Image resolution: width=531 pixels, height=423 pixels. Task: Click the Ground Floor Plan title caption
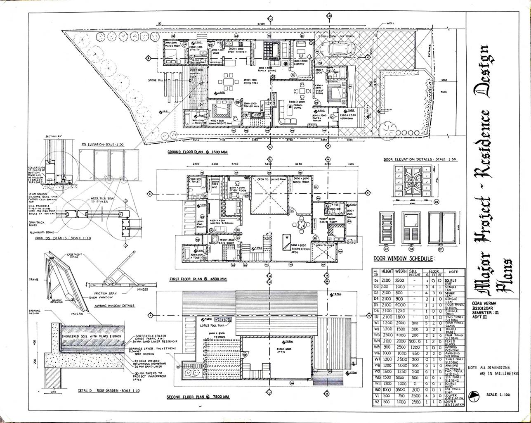click(x=198, y=152)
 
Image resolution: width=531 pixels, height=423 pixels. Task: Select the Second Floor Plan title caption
click(x=198, y=397)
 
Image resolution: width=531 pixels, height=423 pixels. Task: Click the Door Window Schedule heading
click(x=404, y=259)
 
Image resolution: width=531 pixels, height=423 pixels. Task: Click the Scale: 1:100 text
click(x=498, y=394)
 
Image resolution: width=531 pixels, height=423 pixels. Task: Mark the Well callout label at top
click(x=392, y=24)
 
